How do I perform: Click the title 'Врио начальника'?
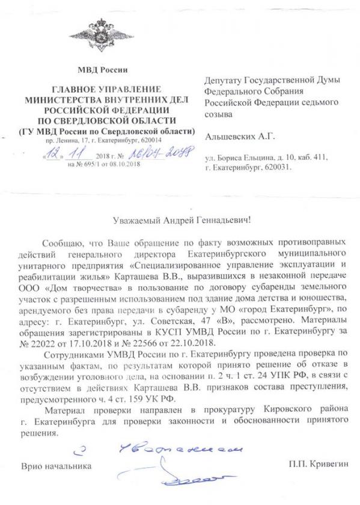57,466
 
